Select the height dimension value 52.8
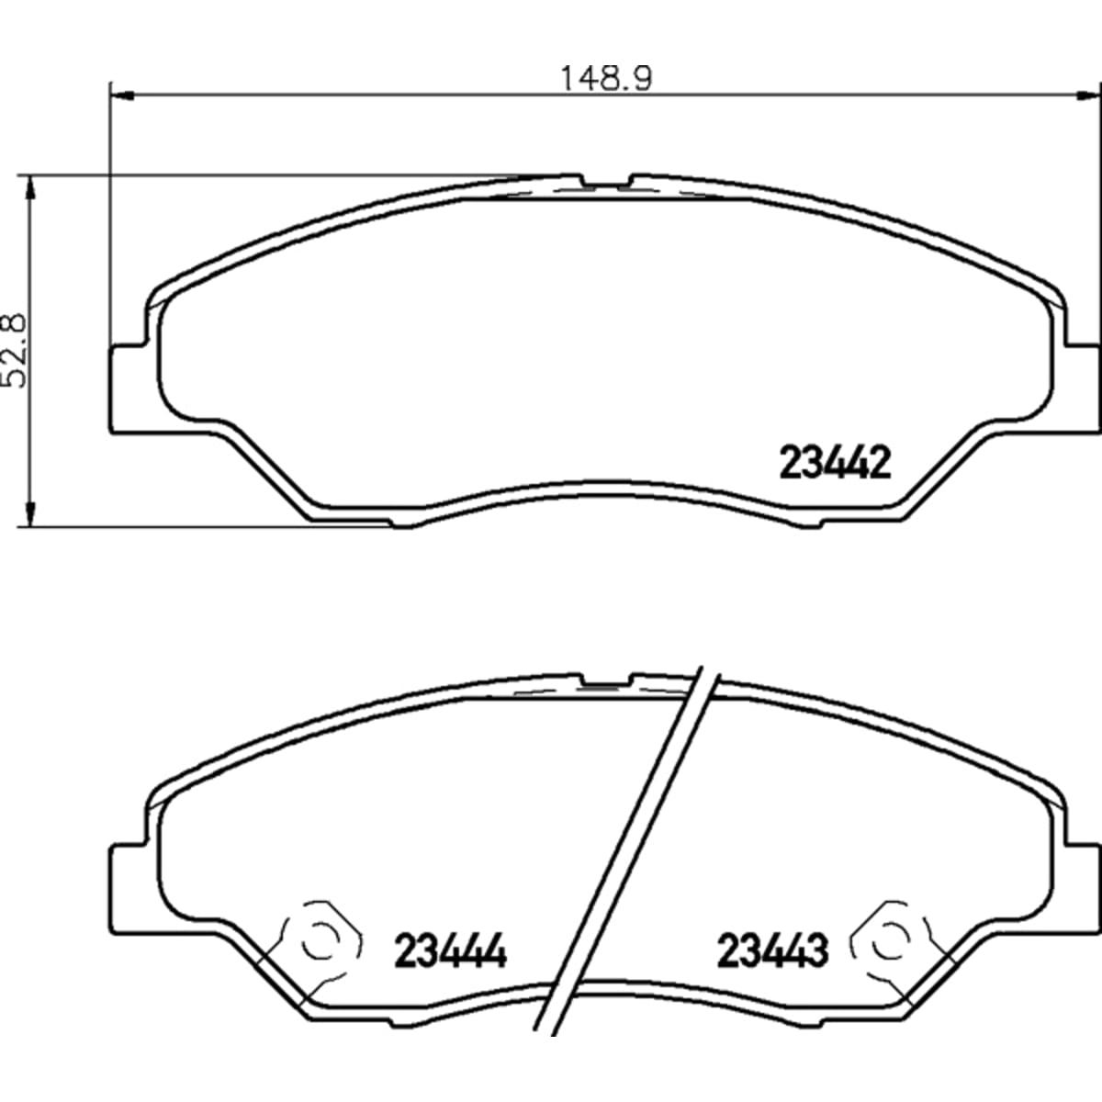[x=15, y=351]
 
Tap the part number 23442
[x=835, y=464]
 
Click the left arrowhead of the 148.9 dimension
[x=120, y=96]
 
